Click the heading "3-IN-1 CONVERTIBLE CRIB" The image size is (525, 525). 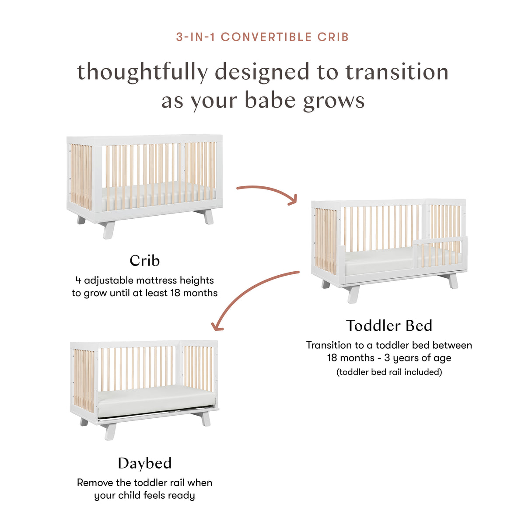(262, 37)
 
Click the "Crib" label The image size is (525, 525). (144, 261)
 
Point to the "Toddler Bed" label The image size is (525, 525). (389, 326)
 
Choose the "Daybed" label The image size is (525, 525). (144, 463)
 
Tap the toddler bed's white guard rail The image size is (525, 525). (440, 241)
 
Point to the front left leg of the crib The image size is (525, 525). (108, 229)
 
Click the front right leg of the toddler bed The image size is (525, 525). (453, 281)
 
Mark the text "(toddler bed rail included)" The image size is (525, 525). (389, 372)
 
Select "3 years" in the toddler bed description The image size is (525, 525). (402, 358)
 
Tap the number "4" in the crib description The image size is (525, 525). (78, 280)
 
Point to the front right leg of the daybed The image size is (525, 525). (205, 419)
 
